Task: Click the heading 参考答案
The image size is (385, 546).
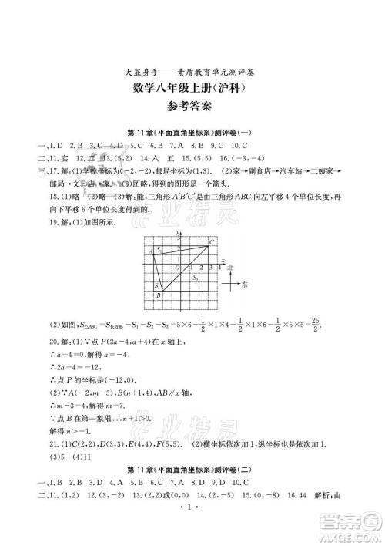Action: point(192,107)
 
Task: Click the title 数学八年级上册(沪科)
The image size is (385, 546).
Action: point(192,89)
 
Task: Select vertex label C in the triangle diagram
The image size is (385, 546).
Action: point(212,243)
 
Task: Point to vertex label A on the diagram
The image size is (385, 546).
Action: point(150,251)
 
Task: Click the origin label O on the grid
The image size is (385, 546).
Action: point(177,268)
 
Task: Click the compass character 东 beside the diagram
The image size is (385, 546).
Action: point(245,285)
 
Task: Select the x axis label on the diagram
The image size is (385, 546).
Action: point(223,261)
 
